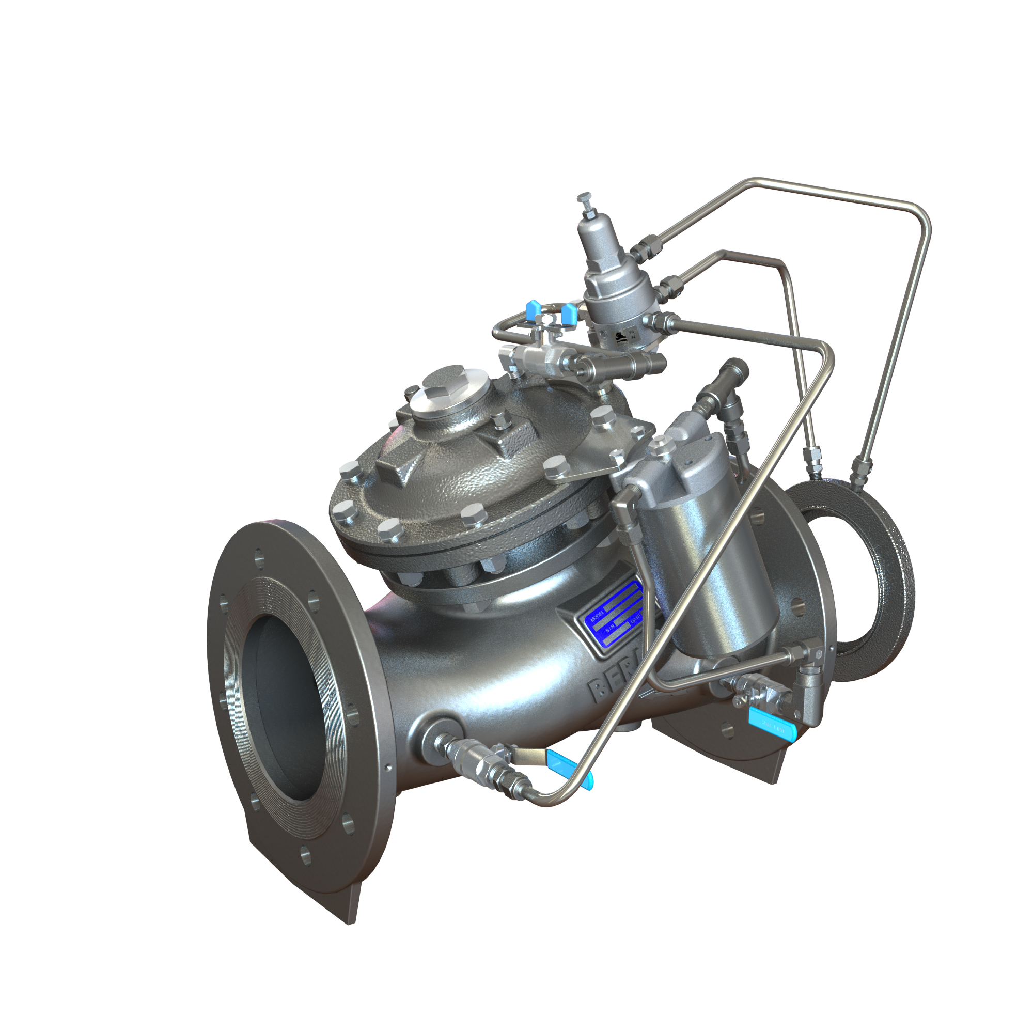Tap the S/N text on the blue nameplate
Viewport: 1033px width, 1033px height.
(612, 631)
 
